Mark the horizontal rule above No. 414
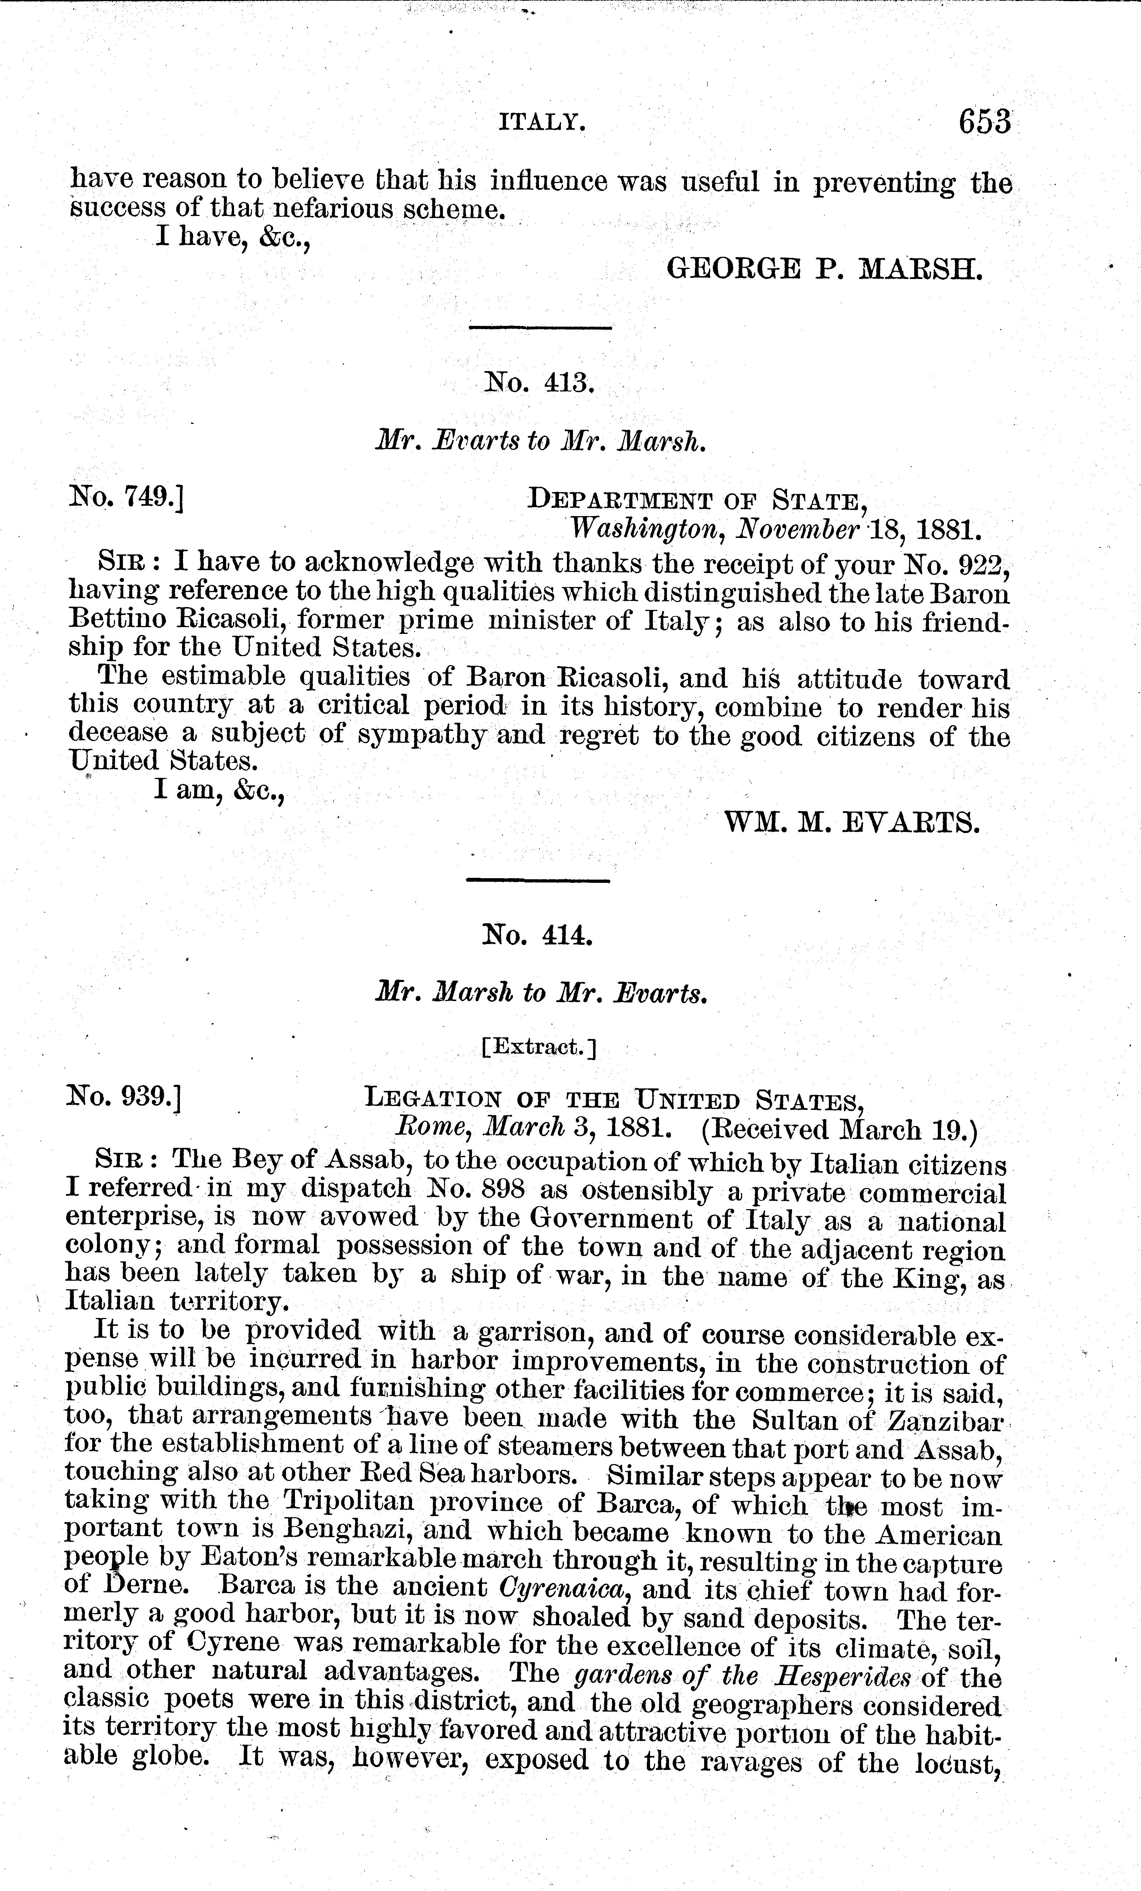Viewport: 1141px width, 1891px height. [x=538, y=880]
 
